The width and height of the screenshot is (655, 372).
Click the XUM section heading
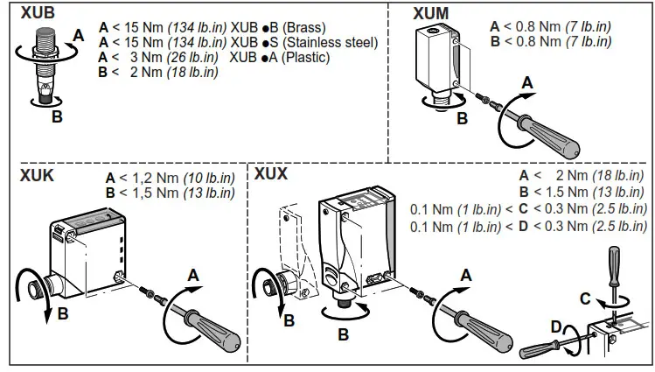click(x=431, y=13)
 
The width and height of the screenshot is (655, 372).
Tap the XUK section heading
click(x=37, y=175)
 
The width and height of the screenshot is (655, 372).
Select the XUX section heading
click(x=271, y=173)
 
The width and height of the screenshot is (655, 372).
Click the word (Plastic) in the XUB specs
click(x=301, y=58)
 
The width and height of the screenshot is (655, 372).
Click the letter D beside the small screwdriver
click(x=554, y=327)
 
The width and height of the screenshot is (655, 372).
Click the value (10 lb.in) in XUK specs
click(x=207, y=178)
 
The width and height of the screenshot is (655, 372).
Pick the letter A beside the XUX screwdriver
click(x=466, y=275)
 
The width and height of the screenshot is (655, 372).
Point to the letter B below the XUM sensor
click(x=462, y=118)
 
